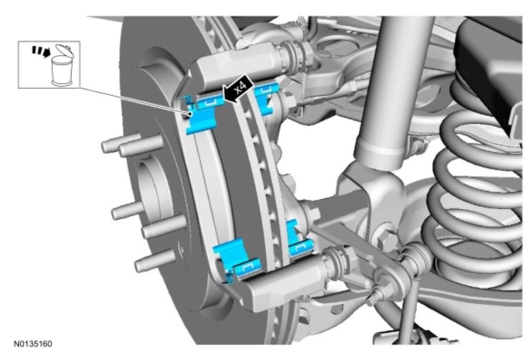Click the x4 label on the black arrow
click(240, 87)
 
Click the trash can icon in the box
click(61, 67)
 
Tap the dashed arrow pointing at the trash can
click(40, 52)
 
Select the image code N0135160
click(33, 344)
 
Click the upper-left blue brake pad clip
click(202, 114)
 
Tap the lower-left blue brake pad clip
click(237, 261)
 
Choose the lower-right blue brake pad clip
click(299, 240)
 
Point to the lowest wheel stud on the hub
click(153, 261)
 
